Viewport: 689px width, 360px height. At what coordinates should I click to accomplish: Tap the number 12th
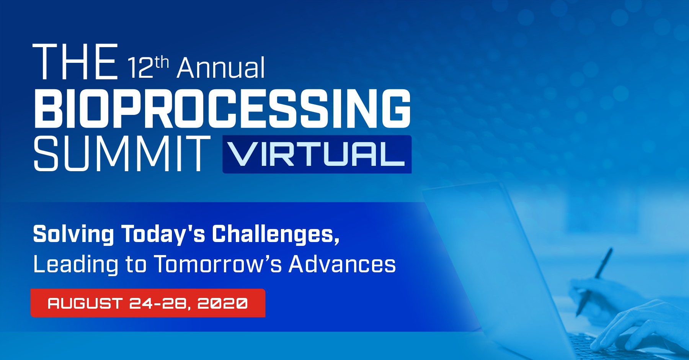pyautogui.click(x=148, y=67)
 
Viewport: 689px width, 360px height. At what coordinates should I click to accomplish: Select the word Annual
pyautogui.click(x=221, y=68)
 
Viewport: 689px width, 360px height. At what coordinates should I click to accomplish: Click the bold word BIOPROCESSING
pyautogui.click(x=222, y=109)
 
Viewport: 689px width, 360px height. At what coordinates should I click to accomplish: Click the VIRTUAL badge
pyautogui.click(x=317, y=154)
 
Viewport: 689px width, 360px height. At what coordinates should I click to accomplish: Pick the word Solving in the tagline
pyautogui.click(x=73, y=234)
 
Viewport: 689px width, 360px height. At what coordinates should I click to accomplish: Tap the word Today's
pyautogui.click(x=163, y=234)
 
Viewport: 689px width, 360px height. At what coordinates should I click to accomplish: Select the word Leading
pyautogui.click(x=76, y=265)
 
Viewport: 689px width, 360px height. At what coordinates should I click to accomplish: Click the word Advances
pyautogui.click(x=342, y=264)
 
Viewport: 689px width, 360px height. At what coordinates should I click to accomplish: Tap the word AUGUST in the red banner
pyautogui.click(x=85, y=303)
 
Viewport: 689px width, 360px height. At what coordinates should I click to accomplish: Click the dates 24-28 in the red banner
pyautogui.click(x=158, y=303)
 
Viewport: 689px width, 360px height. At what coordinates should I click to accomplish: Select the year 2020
pyautogui.click(x=222, y=303)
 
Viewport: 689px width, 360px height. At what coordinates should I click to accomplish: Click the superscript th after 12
pyautogui.click(x=162, y=62)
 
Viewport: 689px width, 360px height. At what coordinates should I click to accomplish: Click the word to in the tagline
pyautogui.click(x=136, y=265)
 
